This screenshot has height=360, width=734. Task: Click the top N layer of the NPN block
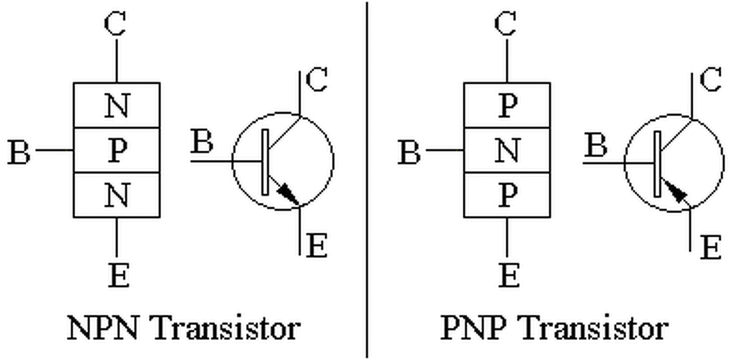point(116,105)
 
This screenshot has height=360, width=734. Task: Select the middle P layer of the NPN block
point(116,150)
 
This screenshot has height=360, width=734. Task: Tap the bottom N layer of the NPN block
point(116,195)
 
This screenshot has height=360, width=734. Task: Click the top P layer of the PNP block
point(507,105)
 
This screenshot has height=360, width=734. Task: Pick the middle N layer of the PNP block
point(507,150)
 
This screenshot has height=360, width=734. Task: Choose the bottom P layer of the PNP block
point(507,195)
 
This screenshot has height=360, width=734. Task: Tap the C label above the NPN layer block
point(115,24)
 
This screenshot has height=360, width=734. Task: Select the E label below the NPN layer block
point(118,275)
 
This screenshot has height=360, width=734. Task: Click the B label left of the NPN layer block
point(19,152)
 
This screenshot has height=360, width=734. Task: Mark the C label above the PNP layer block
point(506,24)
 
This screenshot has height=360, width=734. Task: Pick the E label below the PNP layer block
point(509,275)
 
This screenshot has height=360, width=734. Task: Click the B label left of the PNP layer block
point(409,152)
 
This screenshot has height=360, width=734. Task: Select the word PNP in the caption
point(477,328)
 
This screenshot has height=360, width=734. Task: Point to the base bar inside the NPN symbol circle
point(265,162)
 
